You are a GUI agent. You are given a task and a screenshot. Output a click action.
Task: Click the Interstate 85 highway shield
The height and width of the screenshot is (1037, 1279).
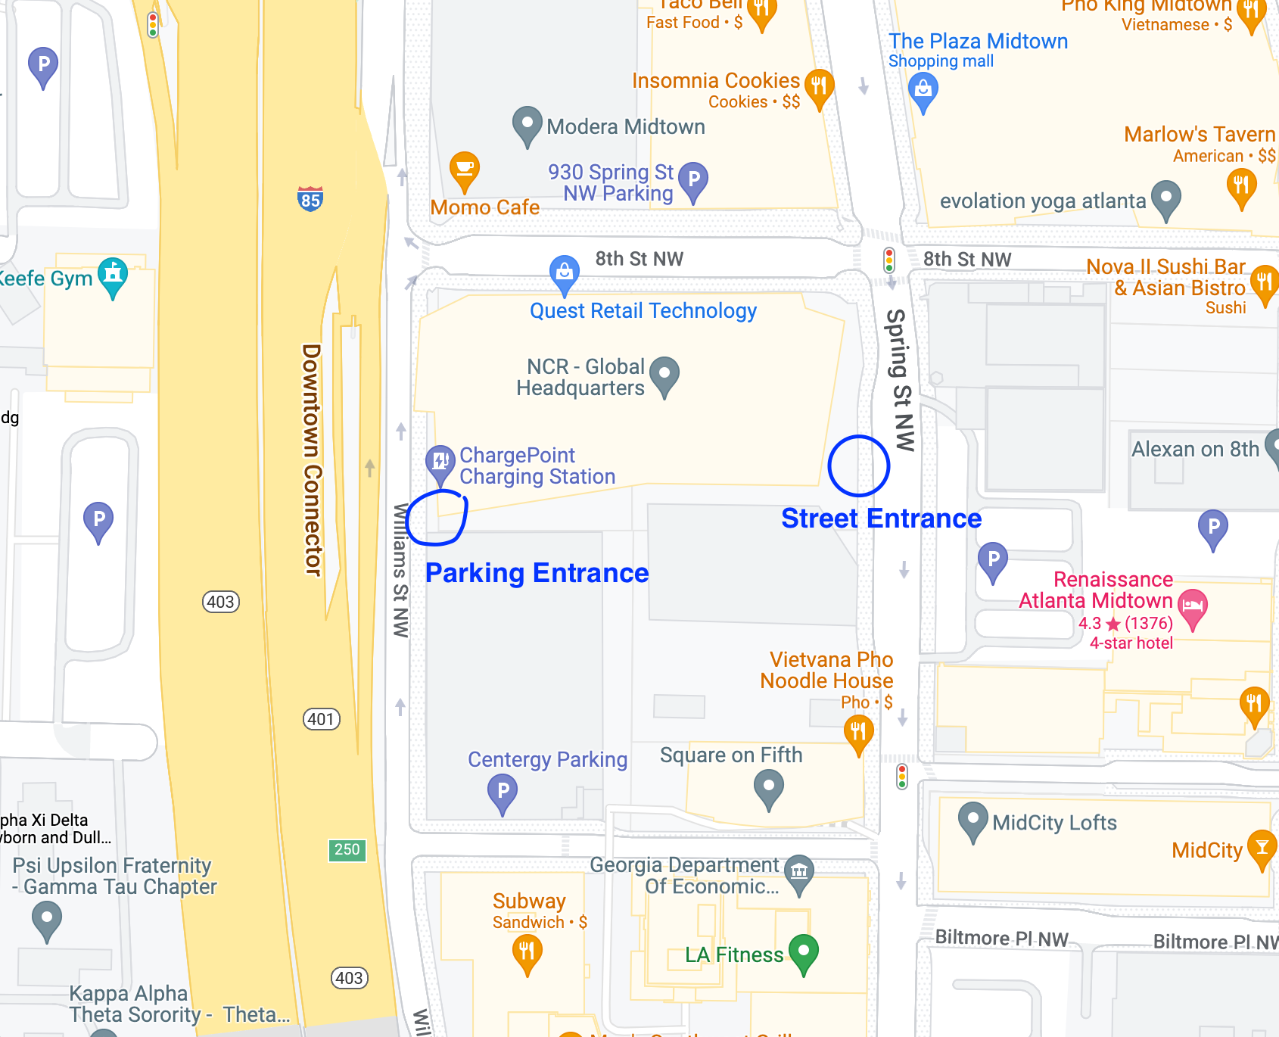(310, 199)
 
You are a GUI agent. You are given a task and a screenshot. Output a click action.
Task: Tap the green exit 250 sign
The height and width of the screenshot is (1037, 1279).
(347, 849)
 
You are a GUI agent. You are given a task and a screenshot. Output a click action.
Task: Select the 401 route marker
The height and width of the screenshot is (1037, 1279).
(321, 719)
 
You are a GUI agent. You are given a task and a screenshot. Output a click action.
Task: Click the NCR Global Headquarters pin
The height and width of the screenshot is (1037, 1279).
(664, 375)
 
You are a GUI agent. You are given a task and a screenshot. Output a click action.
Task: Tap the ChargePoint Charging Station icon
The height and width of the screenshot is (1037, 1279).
(440, 462)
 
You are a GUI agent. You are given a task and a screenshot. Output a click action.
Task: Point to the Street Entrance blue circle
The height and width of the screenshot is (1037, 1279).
(858, 466)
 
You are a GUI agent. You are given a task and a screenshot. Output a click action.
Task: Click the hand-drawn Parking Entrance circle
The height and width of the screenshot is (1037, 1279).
(437, 518)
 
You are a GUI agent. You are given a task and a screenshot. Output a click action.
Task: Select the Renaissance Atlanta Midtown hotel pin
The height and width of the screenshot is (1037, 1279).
(1193, 607)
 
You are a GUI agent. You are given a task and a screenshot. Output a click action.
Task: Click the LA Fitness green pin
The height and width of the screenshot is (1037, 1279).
(803, 952)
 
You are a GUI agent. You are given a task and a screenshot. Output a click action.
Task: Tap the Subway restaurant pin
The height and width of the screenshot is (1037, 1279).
(527, 952)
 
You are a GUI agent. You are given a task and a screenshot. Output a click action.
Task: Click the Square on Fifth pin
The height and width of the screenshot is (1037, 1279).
(769, 787)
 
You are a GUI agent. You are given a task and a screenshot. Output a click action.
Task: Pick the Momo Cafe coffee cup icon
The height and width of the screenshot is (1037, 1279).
(464, 170)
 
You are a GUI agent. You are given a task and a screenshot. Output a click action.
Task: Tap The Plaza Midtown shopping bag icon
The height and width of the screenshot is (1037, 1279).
(923, 90)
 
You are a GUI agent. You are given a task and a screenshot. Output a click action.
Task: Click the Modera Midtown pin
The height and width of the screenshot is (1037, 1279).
(527, 124)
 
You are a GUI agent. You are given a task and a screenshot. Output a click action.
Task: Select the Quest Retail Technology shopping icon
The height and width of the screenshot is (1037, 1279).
(564, 272)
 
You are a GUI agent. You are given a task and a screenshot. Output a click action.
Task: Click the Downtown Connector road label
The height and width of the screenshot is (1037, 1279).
(311, 459)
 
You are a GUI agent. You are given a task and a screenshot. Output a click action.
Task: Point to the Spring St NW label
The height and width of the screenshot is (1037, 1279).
(900, 380)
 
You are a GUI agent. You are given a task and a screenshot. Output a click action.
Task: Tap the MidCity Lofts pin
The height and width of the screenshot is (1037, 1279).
(972, 821)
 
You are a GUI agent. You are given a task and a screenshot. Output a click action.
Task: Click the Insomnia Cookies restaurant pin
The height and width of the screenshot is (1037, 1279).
(819, 86)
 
